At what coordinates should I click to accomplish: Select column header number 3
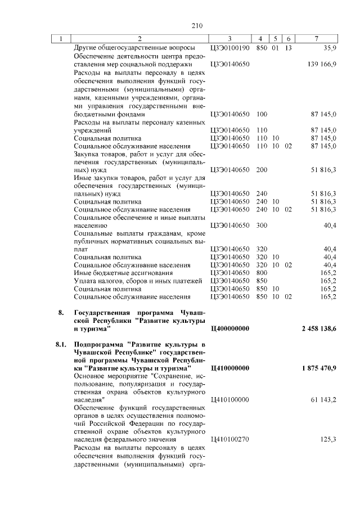click(x=230, y=38)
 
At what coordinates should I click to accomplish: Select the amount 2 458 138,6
click(x=318, y=328)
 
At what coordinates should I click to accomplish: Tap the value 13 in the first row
click(x=289, y=49)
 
